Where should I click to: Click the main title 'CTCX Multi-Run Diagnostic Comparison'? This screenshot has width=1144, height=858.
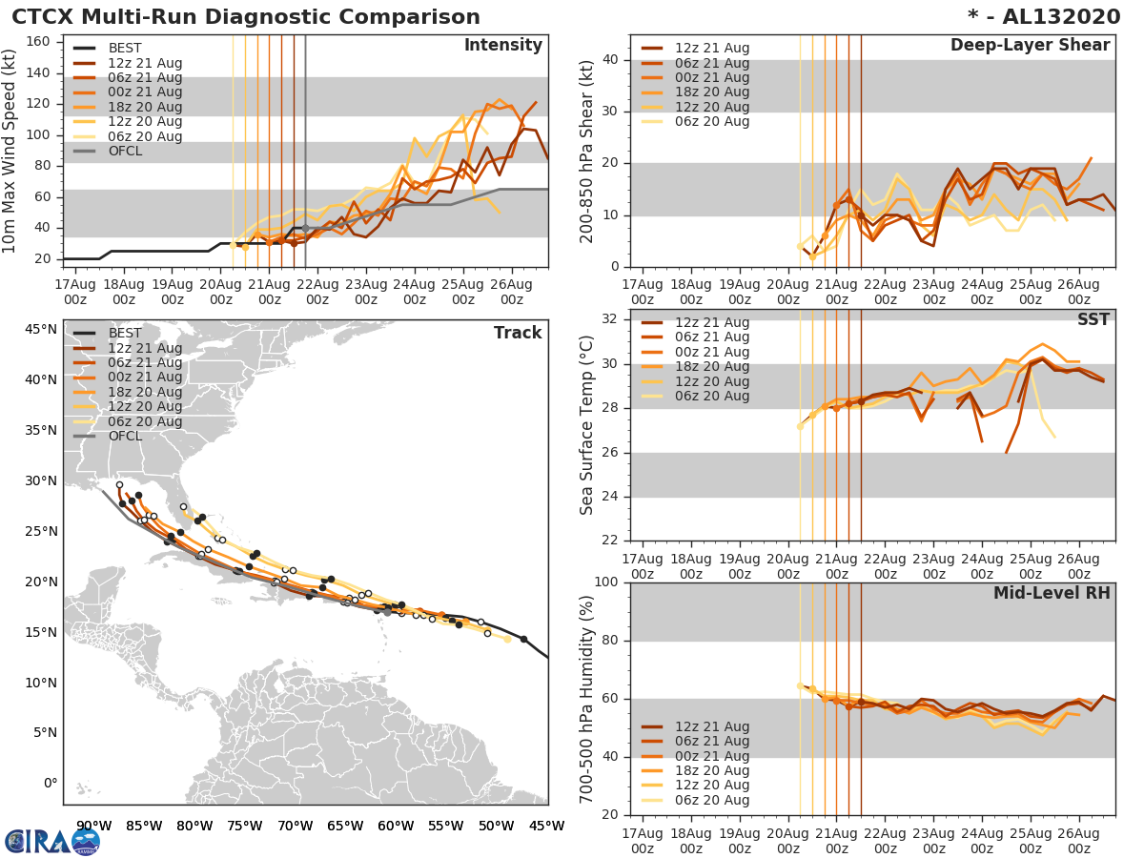pyautogui.click(x=246, y=17)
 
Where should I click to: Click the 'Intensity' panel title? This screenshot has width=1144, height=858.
pyautogui.click(x=502, y=46)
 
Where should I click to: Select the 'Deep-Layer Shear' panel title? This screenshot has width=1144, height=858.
pyautogui.click(x=1030, y=46)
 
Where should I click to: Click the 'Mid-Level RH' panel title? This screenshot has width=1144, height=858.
pyautogui.click(x=1052, y=593)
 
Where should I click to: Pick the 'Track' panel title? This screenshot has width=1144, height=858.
pyautogui.click(x=518, y=333)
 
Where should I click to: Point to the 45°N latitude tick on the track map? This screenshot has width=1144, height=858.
pyautogui.click(x=42, y=330)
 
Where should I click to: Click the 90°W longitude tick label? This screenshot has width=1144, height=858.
pyautogui.click(x=93, y=826)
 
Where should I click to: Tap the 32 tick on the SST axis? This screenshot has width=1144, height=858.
pyautogui.click(x=611, y=319)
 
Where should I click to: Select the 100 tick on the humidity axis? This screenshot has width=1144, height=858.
pyautogui.click(x=607, y=582)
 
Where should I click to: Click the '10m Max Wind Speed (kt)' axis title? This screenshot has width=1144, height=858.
pyautogui.click(x=10, y=153)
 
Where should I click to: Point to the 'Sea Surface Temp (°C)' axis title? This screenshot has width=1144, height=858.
pyautogui.click(x=587, y=423)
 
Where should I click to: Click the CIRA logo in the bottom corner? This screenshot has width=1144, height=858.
pyautogui.click(x=52, y=842)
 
